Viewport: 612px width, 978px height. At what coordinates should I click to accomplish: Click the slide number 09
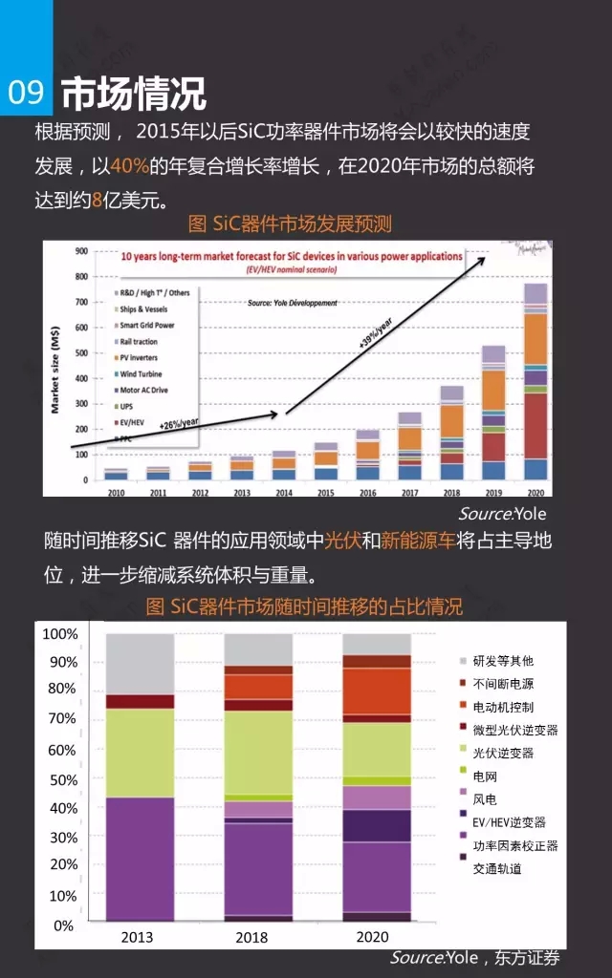pos(26,93)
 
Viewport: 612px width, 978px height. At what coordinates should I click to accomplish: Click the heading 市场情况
pos(134,94)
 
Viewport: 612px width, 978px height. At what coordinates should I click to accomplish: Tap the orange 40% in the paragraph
pos(129,166)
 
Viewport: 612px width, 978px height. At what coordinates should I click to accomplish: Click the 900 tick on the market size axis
pos(81,251)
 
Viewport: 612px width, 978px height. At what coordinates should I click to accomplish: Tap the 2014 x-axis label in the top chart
pos(284,493)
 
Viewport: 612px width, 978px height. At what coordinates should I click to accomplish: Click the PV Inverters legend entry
pos(138,358)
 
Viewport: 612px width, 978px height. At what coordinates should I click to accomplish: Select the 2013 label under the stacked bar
pos(137,937)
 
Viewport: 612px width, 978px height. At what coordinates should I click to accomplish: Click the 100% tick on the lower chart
pos(59,634)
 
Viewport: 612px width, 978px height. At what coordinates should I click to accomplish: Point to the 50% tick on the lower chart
pos(63,780)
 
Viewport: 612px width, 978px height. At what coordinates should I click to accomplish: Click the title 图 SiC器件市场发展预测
pos(290,224)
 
